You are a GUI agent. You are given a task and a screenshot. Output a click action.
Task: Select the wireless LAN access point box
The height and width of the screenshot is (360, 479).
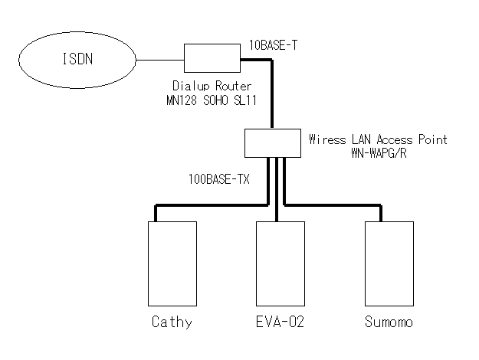(x=272, y=142)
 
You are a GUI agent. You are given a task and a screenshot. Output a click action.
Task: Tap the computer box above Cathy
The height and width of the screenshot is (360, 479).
(x=171, y=263)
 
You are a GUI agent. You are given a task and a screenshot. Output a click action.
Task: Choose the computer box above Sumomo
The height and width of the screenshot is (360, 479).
(x=389, y=263)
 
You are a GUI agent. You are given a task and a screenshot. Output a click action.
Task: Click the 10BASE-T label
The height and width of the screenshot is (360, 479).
(x=274, y=46)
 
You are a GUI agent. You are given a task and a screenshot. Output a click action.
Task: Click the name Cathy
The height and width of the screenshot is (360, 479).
(x=171, y=322)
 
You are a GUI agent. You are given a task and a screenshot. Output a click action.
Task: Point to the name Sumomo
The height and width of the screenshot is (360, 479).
(x=389, y=322)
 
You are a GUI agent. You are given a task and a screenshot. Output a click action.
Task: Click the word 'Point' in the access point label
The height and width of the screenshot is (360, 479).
(x=431, y=139)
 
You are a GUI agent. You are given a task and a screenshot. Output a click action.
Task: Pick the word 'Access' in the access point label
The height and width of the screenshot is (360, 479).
(x=394, y=139)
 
